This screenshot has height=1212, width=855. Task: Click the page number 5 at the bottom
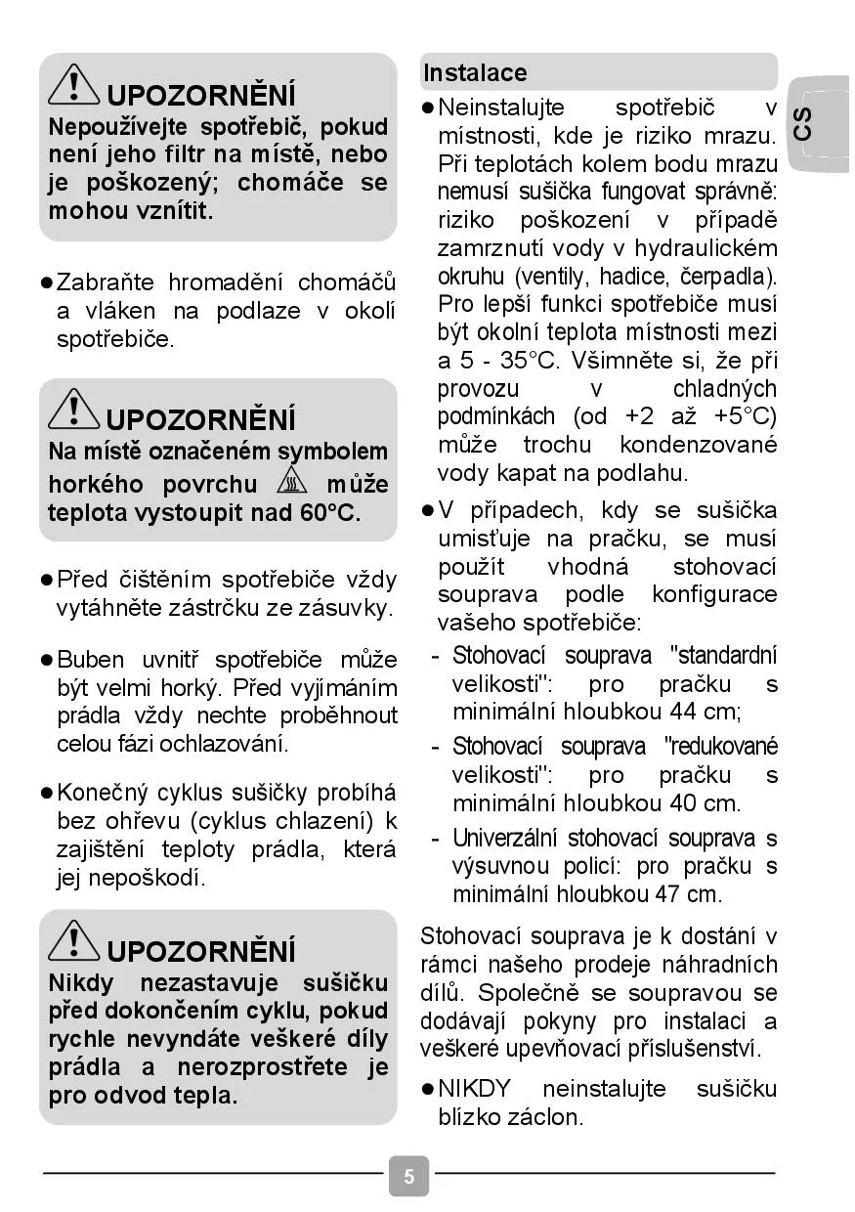pos(408,1176)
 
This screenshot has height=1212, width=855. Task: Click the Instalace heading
pos(475,73)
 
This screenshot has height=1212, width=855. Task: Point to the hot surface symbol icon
pos(292,482)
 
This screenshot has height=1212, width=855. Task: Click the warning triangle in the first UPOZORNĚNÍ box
pos(73,84)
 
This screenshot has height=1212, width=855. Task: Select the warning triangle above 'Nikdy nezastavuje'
pos(73,939)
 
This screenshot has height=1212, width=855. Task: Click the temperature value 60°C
pos(329,513)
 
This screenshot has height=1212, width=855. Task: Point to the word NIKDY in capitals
pos(474,1089)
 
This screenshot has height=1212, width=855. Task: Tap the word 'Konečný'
pos(101,792)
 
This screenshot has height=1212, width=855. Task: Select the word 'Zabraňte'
pos(106,283)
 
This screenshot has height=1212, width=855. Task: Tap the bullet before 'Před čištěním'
pos(46,581)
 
